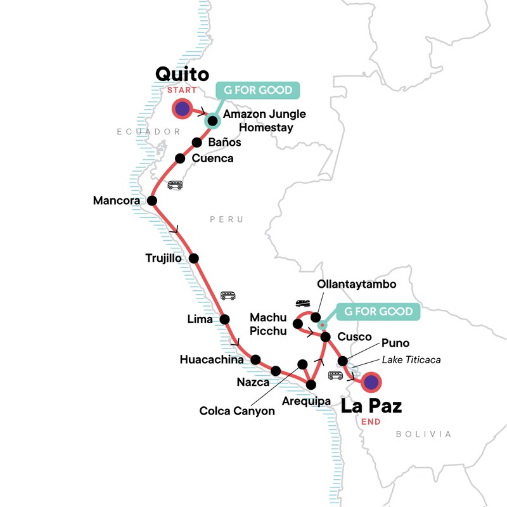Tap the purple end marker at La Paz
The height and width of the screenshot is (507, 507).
point(371,382)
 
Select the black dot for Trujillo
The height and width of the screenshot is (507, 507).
point(194,258)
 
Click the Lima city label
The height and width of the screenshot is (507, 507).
point(200,319)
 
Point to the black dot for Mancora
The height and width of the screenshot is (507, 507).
point(152,201)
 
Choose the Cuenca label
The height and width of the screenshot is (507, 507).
point(212,158)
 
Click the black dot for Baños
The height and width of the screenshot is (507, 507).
point(196,143)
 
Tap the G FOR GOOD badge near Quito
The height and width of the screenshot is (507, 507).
point(257,90)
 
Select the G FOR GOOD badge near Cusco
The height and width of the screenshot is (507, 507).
point(378,311)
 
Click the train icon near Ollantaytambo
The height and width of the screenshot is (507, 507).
point(302,303)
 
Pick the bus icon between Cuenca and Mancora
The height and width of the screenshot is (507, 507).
point(175,185)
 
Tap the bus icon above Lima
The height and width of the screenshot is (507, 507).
point(228,295)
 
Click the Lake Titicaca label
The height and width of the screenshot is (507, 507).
point(411,360)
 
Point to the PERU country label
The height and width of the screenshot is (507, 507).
point(227,219)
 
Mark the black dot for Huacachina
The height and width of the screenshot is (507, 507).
point(255,359)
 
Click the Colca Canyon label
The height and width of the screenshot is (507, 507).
point(237,411)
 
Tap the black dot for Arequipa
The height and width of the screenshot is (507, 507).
point(311,385)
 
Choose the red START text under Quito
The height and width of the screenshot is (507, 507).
point(183,90)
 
